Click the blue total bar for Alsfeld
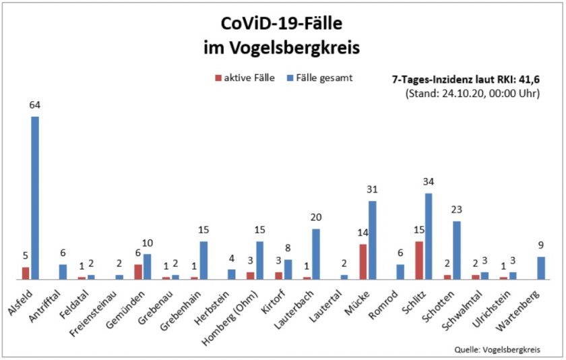35,198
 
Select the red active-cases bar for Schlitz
419,260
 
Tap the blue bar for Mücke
373,240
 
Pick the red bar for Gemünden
138,272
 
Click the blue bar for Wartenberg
541,268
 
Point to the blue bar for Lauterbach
316,254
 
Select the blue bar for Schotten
457,250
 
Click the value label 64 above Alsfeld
35,105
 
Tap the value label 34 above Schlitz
429,181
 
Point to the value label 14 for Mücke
363,233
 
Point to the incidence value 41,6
527,79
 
